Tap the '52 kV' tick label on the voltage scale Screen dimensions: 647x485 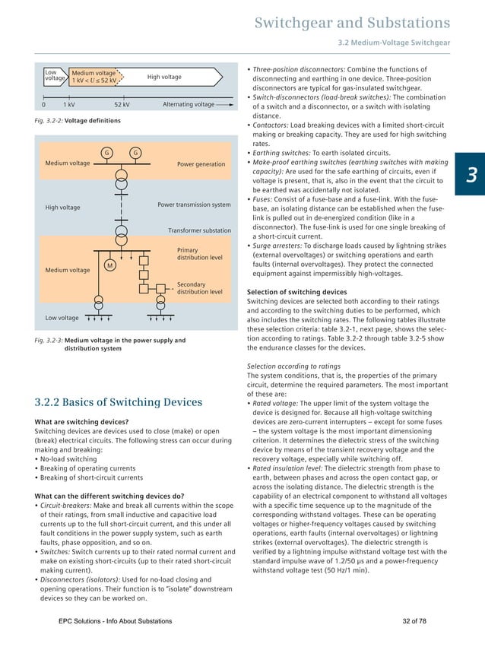(122, 104)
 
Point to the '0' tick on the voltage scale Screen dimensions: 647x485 (43, 104)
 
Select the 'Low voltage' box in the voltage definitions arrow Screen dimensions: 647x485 (55, 77)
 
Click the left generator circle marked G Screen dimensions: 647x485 (106, 153)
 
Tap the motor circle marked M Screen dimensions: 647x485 (110, 265)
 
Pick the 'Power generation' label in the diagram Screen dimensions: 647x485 (201, 164)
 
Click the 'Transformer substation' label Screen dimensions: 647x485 (199, 230)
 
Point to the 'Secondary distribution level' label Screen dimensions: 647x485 (199, 287)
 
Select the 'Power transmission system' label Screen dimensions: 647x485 (194, 205)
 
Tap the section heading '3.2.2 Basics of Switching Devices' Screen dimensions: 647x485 (119, 402)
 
